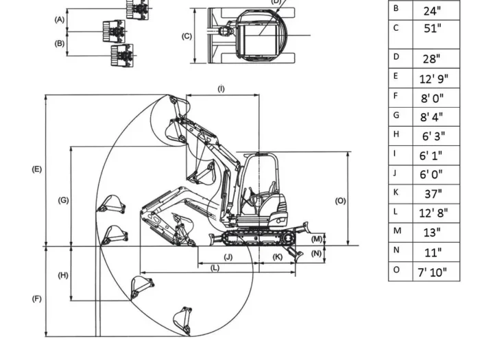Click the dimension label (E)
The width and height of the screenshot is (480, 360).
click(37, 169)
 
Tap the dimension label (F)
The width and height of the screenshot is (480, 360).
click(37, 299)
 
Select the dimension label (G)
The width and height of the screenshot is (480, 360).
click(63, 200)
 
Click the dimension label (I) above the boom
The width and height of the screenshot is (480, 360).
click(221, 89)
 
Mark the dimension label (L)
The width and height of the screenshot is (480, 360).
click(215, 268)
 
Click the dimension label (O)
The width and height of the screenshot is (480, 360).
click(340, 200)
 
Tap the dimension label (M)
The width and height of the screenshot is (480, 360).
click(317, 239)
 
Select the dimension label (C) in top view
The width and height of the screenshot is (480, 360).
click(187, 36)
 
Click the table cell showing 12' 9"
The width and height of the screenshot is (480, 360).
click(433, 78)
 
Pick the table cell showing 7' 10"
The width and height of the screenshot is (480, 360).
click(433, 272)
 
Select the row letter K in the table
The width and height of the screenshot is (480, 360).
click(396, 193)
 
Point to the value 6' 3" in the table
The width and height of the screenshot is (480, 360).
click(433, 136)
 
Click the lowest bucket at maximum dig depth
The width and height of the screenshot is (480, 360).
click(183, 320)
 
